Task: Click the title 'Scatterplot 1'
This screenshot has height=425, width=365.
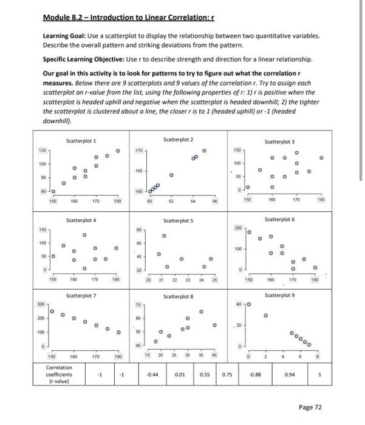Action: [x=81, y=141]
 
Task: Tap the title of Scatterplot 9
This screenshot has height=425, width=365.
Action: [x=280, y=295]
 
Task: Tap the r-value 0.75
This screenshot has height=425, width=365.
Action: [x=228, y=375]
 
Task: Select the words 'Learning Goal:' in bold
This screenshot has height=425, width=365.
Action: [x=64, y=36]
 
